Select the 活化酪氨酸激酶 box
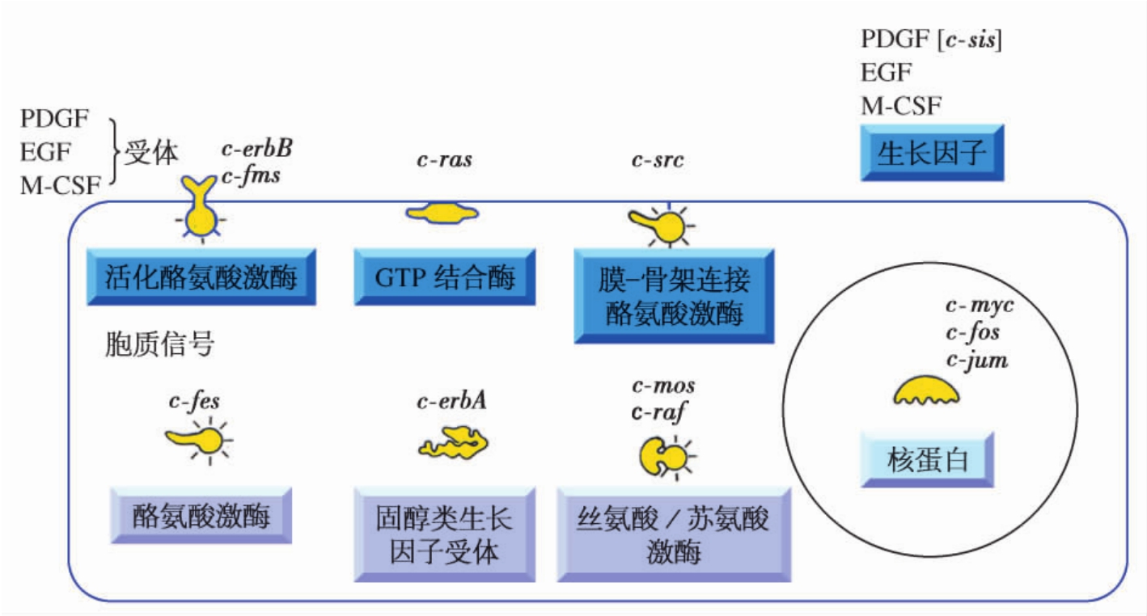click(201, 277)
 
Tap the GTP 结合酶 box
click(444, 277)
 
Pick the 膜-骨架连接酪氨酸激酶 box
click(674, 296)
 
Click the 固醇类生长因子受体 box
click(444, 534)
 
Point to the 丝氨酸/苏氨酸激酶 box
click(674, 534)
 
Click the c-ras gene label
click(444, 159)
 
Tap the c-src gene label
click(658, 159)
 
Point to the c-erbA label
click(451, 400)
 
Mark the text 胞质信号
click(159, 344)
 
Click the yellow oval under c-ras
click(442, 213)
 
